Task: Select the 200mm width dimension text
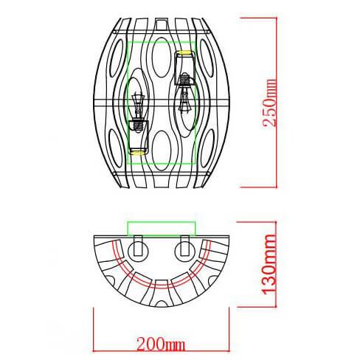coord(160,344)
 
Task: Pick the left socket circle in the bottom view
coord(136,250)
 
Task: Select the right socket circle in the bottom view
coord(182,250)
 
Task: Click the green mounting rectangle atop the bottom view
coord(161,228)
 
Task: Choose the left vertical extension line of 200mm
coord(94,325)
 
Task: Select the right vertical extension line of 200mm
coord(228,325)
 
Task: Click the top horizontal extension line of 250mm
coord(251,20)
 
